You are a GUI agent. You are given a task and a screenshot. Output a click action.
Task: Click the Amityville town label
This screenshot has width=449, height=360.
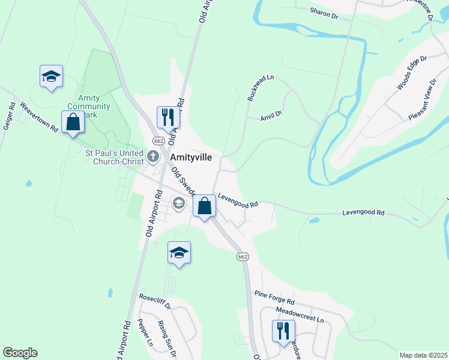(x=194, y=157)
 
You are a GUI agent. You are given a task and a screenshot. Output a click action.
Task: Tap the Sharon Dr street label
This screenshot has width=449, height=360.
(x=324, y=13)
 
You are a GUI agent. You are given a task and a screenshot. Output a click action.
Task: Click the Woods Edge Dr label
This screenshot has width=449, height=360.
(x=411, y=73)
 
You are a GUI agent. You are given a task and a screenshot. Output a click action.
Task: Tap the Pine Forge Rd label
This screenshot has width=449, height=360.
(x=274, y=296)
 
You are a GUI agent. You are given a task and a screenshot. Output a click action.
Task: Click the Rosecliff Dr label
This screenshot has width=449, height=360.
(x=155, y=301)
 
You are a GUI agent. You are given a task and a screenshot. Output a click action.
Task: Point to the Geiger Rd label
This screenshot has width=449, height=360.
(x=9, y=115)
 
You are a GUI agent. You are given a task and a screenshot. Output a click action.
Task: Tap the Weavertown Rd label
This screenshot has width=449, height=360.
(x=38, y=117)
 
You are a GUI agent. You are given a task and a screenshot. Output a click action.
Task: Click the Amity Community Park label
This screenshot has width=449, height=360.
(x=93, y=106)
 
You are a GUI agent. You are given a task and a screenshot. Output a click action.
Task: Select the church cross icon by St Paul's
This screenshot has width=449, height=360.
(x=153, y=157)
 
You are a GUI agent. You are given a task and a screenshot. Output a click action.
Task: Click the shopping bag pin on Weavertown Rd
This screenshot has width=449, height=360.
(x=73, y=122)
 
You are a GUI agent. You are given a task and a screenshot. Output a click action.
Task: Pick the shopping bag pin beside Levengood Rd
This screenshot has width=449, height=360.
(x=205, y=206)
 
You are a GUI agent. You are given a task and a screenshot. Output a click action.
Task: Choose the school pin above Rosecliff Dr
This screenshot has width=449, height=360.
(x=178, y=252)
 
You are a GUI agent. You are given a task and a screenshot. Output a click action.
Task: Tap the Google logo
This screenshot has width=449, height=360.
(x=20, y=353)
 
